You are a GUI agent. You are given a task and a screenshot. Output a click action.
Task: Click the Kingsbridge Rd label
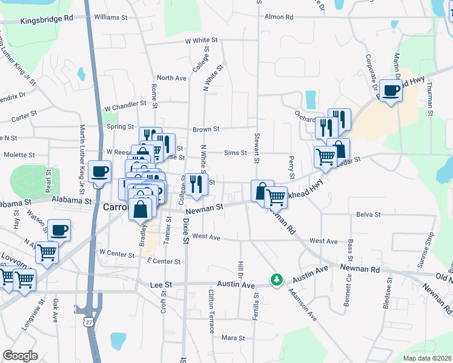[x=47, y=19]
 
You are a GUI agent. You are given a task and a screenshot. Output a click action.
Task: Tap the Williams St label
[x=111, y=18]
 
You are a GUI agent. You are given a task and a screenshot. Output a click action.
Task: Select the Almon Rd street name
[x=279, y=17]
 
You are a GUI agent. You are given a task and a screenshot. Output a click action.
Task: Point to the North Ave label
[x=171, y=78]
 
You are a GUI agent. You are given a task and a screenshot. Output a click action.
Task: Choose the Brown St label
[x=206, y=129]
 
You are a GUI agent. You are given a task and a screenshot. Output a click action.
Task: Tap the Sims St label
[x=236, y=154]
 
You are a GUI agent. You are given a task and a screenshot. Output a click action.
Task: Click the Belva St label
[x=368, y=214]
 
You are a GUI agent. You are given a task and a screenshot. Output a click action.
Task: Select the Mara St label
[x=233, y=338]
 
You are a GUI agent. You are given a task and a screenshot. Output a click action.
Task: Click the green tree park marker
[x=277, y=280]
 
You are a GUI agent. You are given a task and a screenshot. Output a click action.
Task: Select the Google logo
[x=20, y=355]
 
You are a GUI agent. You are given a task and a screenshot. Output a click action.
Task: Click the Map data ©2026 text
[x=427, y=358]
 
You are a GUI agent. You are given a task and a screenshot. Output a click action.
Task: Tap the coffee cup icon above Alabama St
[x=99, y=171]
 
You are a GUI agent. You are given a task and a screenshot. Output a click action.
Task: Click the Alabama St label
[x=71, y=199]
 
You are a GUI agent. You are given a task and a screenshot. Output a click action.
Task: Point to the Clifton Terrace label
[x=211, y=311]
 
